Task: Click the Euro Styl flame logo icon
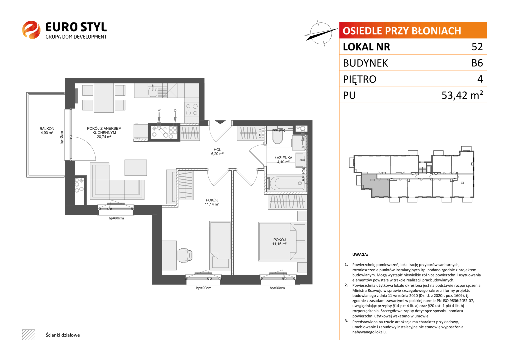tap(31, 30)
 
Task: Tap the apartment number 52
tap(477, 47)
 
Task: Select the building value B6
tap(477, 63)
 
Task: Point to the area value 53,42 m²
tap(462, 95)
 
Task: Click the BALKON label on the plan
tap(47, 129)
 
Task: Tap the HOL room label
tap(217, 150)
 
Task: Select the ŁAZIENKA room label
tap(283, 158)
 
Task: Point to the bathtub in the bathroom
tap(285, 183)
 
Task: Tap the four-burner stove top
tap(192, 110)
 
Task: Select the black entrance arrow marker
tap(220, 122)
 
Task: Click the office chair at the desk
tap(185, 255)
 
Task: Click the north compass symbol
tap(321, 33)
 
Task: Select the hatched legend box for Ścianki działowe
tap(29, 335)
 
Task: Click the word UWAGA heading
tap(360, 255)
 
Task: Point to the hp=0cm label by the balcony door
tap(61, 138)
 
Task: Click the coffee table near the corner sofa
tap(136, 167)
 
